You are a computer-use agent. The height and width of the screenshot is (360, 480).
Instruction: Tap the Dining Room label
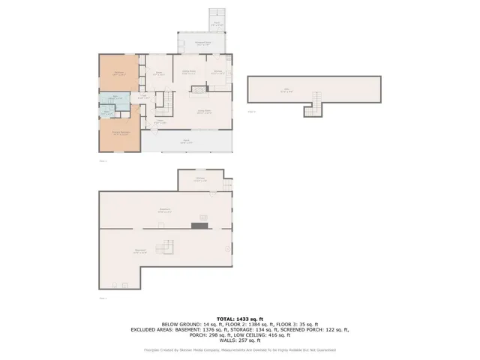click(189, 72)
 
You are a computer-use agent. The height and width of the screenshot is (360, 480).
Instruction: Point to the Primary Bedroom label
click(117, 133)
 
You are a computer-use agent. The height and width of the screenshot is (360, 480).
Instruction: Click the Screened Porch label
click(202, 43)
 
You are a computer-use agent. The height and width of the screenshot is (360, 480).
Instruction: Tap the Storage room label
click(200, 179)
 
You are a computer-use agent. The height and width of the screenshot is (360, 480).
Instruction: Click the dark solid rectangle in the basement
click(199, 224)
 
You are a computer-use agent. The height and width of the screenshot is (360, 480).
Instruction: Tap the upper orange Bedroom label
click(118, 74)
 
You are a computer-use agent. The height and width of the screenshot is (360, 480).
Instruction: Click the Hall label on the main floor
click(140, 97)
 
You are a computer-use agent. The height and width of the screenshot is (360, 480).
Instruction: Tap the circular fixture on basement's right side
click(226, 248)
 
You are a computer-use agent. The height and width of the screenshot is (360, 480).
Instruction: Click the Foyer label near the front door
click(159, 121)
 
